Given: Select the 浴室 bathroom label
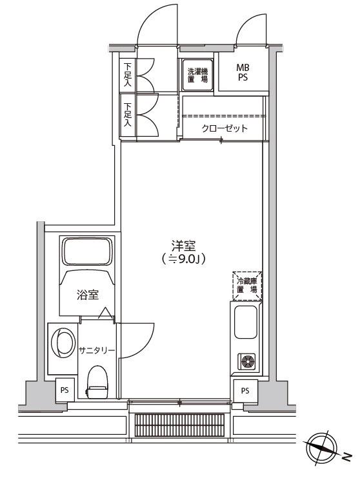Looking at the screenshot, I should click(x=88, y=295).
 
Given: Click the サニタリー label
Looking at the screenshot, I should click(x=97, y=350).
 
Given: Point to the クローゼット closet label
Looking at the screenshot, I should click(x=224, y=128).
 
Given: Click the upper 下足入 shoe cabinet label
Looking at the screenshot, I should click(x=128, y=75).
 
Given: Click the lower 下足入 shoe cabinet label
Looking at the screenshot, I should click(x=128, y=114).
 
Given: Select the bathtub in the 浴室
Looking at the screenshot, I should click(x=87, y=251).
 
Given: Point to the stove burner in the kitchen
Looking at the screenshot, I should click(x=246, y=361).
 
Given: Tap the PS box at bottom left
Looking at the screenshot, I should click(x=65, y=390).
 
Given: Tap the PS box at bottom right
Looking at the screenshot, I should click(x=245, y=390).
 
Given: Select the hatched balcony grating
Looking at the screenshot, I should click(x=179, y=425).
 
